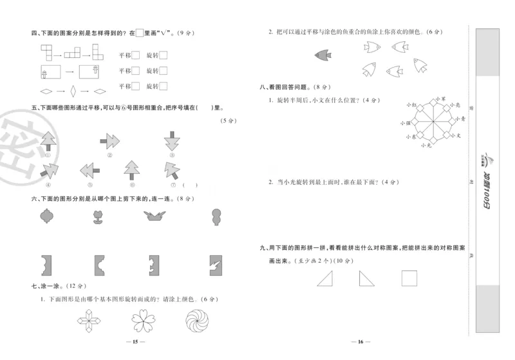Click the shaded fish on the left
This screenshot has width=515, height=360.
pyautogui.click(x=321, y=55)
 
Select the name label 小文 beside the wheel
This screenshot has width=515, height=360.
pyautogui.click(x=456, y=136)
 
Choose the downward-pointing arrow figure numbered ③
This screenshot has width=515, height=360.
pyautogui.click(x=172, y=140)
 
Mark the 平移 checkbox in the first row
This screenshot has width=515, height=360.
pyautogui.click(x=136, y=55)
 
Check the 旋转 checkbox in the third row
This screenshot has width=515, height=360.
pyautogui.click(x=164, y=86)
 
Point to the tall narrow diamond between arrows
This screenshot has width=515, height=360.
pyautogui.click(x=73, y=90)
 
